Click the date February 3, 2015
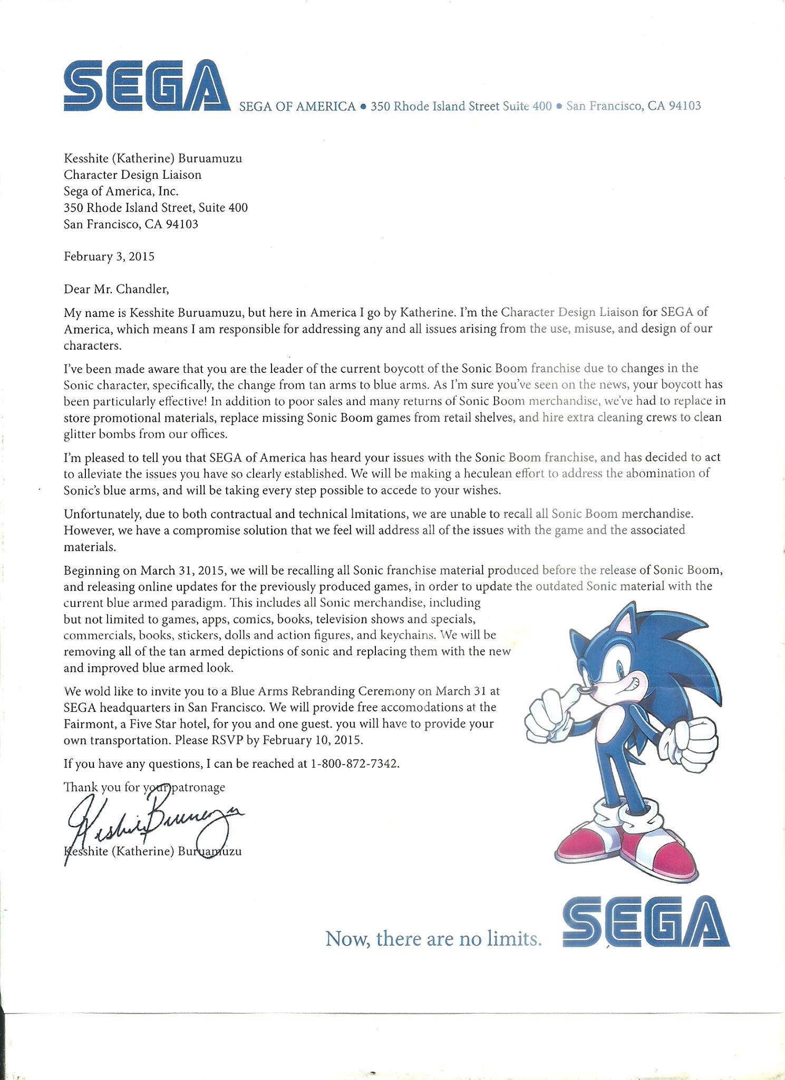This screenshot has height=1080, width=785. click(109, 257)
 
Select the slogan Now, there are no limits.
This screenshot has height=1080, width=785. click(433, 938)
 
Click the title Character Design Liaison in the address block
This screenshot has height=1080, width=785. click(132, 175)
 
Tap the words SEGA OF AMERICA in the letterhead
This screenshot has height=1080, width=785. click(297, 107)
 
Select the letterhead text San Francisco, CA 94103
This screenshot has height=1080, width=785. click(633, 106)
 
